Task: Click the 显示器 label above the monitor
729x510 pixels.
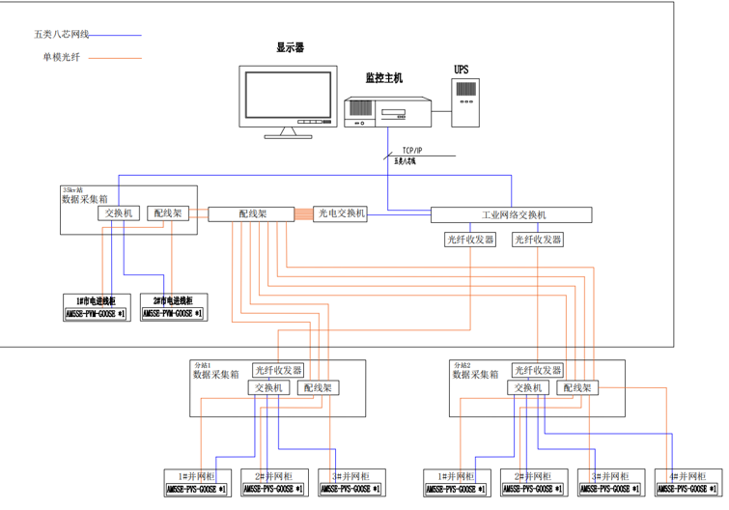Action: tap(290, 46)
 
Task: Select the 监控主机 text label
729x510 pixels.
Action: tap(383, 77)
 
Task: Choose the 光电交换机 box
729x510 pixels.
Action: tap(341, 213)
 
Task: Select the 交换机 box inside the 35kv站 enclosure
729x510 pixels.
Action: tap(121, 212)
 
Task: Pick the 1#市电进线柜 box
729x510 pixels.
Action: tap(96, 308)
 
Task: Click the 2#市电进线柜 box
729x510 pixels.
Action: tap(173, 308)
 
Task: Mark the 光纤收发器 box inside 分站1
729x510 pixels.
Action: tap(278, 370)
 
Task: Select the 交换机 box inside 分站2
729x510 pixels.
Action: tap(529, 387)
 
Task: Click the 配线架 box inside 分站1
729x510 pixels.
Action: tap(317, 387)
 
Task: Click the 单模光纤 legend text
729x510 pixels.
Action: tap(60, 57)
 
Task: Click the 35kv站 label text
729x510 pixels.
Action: tap(72, 189)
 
